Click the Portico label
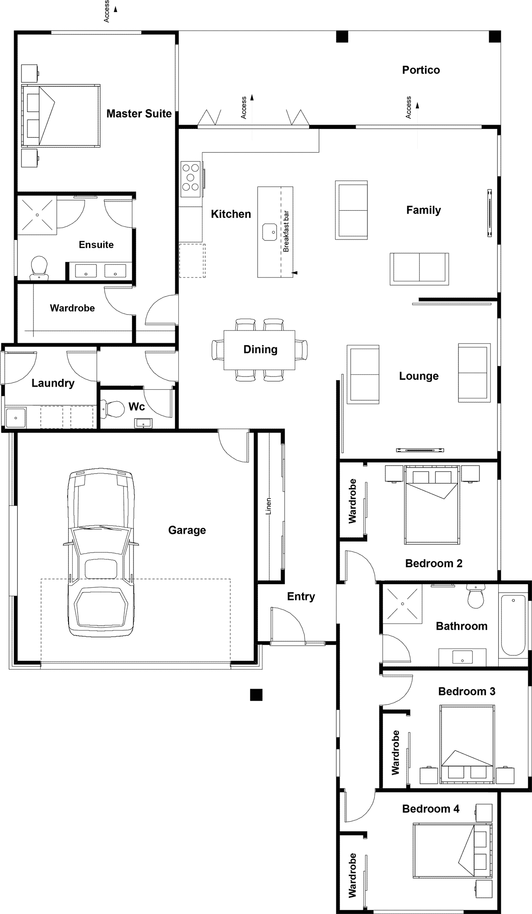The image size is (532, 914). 421,70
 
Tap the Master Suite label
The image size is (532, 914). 139,113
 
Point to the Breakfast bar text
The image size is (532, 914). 286,231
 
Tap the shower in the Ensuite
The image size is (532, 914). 37,215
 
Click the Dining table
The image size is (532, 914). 259,350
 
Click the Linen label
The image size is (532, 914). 269,506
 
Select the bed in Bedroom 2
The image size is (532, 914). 432,505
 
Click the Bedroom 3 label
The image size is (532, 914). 467,691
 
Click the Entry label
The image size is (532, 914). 301,596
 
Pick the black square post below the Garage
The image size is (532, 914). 256,694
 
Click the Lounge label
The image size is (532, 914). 419,376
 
